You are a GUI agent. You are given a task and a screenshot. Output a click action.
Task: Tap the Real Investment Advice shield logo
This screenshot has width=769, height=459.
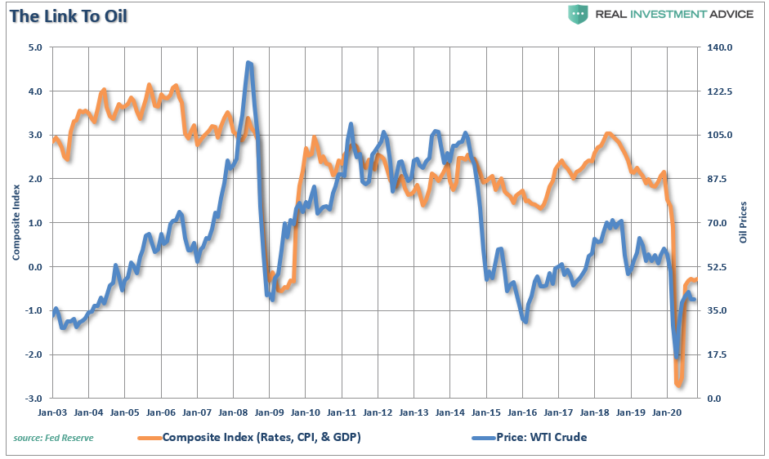pos(579,15)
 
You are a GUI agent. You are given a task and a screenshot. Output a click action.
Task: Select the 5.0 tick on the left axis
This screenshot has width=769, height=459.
pos(36,47)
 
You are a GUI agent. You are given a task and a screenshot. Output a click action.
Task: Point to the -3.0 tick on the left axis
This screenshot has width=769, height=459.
pos(34,399)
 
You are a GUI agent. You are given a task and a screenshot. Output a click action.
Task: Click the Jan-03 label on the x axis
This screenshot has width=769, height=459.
pos(53,413)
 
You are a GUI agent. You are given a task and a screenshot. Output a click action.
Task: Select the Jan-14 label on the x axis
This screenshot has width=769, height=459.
pos(449,413)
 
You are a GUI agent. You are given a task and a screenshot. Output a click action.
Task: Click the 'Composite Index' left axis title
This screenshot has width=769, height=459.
pos(16,223)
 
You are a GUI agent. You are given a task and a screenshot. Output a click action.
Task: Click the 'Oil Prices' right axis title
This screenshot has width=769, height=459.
pos(743,222)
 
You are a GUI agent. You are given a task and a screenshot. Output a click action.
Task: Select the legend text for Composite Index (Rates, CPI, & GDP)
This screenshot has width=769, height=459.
pos(261,437)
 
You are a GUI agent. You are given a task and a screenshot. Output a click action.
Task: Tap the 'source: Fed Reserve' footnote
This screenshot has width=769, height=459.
pos(53,438)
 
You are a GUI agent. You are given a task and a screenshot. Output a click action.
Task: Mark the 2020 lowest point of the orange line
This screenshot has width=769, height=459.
pos(679,384)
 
